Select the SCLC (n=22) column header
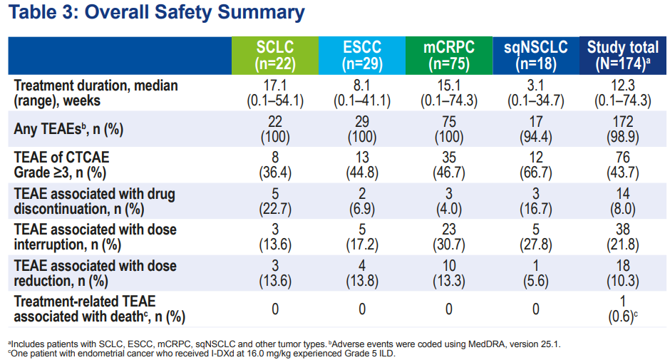point(275,56)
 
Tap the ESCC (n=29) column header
point(361,56)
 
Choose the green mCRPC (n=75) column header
point(449,56)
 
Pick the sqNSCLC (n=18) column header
point(535,56)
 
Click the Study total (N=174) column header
point(622,56)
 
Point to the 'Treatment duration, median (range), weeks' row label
point(96,93)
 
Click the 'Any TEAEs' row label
point(68,130)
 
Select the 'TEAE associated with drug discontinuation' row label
point(94,202)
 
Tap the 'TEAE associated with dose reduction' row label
point(95,273)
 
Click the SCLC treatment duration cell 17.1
point(275,86)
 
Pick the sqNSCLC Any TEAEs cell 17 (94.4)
point(535,129)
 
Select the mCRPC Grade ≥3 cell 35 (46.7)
point(449,165)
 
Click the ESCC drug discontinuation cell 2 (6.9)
point(361,201)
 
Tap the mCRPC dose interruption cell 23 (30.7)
point(449,237)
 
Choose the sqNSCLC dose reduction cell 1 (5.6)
point(535,272)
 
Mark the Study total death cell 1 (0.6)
point(622,309)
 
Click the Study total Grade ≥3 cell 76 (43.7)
point(622,165)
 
